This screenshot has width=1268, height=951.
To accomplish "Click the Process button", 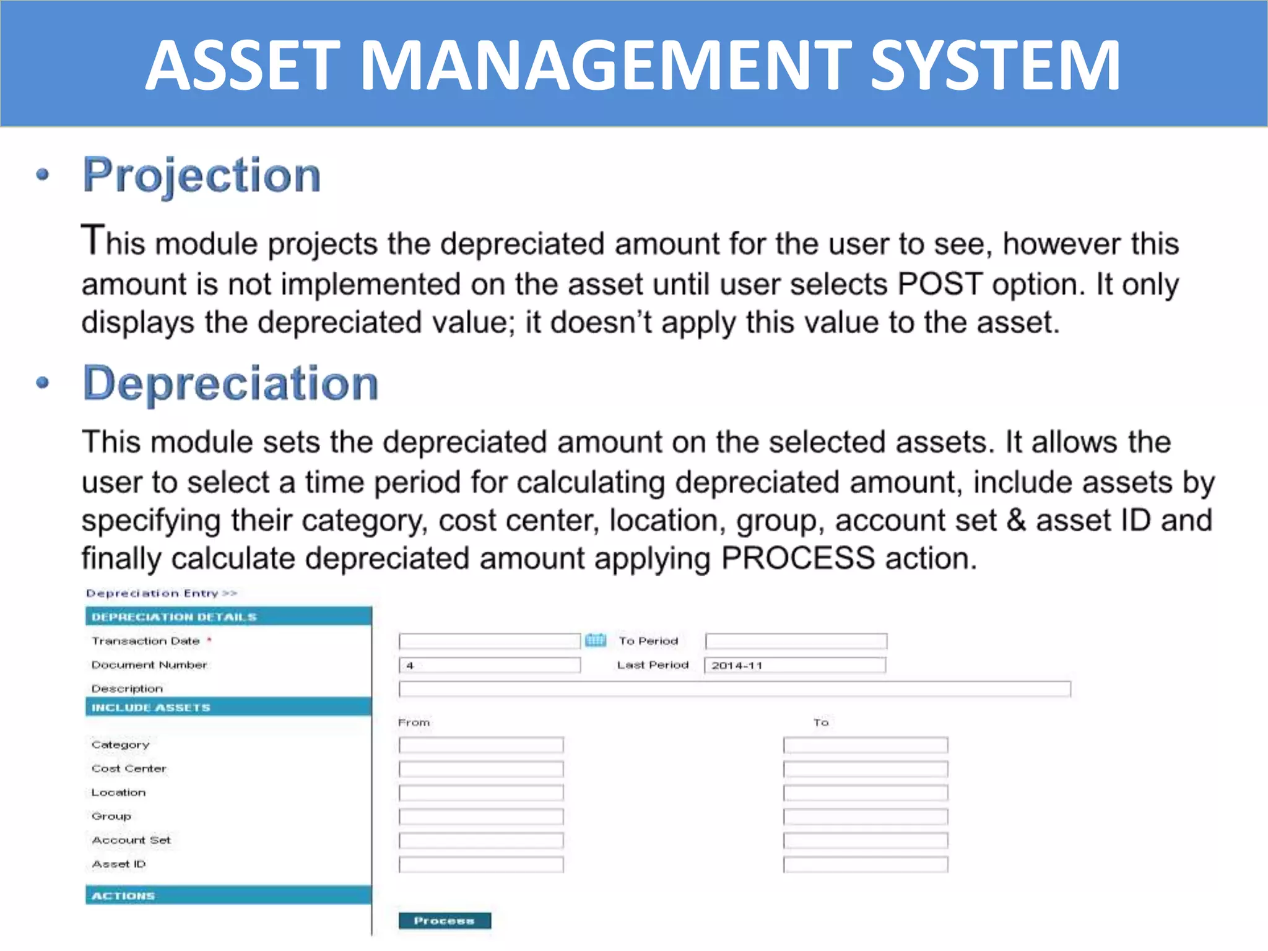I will point(445,921).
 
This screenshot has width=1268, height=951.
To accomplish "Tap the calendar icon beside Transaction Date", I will point(596,640).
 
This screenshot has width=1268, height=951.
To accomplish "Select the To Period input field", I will point(796,641).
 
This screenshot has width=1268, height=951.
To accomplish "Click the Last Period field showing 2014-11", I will point(795,665).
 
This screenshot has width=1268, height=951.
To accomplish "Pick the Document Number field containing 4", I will point(489,665).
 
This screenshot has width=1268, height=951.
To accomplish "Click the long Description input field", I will point(734,688).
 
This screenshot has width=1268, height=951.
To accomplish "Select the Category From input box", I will point(481,745).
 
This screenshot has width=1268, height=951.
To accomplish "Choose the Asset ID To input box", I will point(865,864).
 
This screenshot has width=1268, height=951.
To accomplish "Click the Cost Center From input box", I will point(481,769).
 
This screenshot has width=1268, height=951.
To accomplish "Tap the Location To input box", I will point(865,792).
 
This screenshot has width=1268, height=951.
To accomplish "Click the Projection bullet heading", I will point(202,176).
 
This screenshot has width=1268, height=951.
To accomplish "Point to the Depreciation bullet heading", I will point(230,384).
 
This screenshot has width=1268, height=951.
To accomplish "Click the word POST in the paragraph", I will point(939,285).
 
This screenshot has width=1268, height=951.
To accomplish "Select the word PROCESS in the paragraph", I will point(797,558).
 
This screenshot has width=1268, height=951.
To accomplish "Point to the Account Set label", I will point(131,840).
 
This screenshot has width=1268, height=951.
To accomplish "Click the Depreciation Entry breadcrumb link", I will point(161,593).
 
